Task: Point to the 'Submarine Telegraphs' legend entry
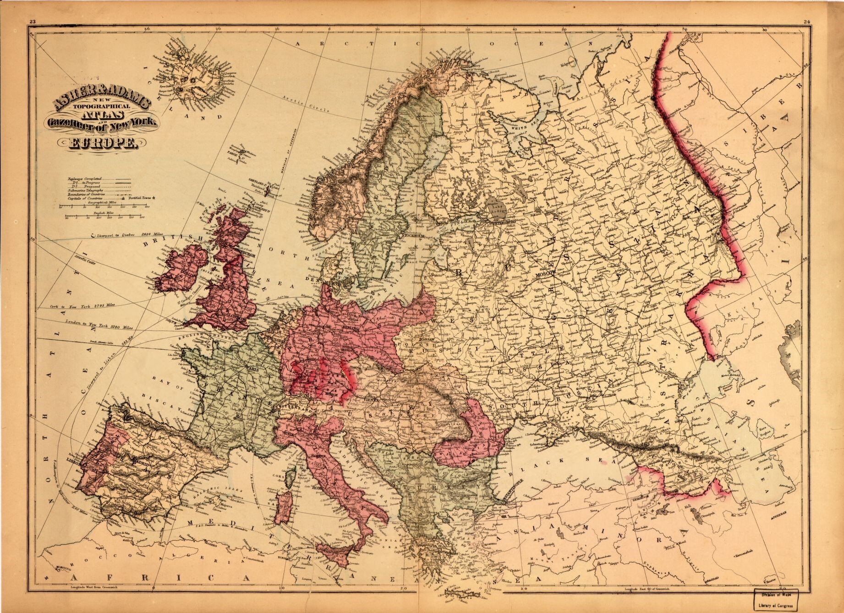[86, 190]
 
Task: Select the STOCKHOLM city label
[414, 236]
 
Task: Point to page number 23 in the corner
[32, 21]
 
